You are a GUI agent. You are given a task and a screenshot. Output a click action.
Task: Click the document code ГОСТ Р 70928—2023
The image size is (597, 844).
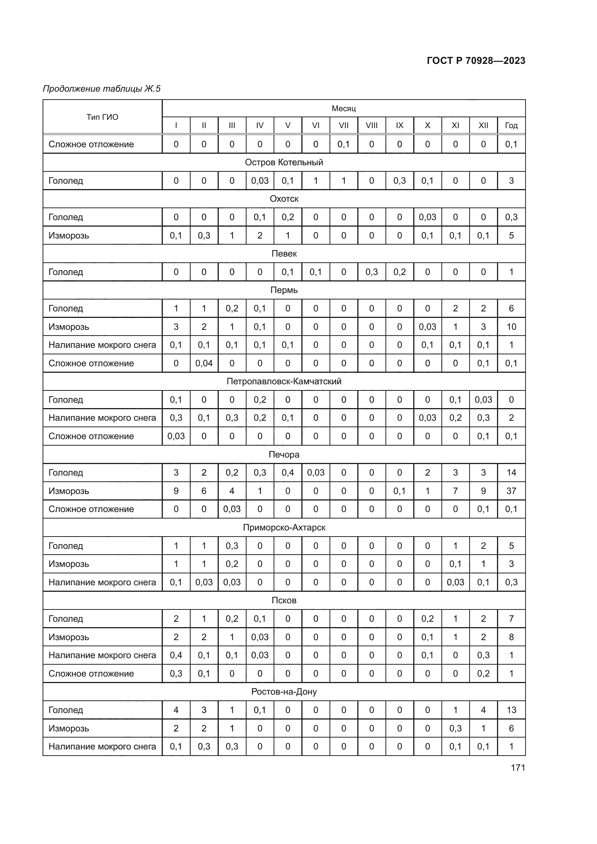[476, 61]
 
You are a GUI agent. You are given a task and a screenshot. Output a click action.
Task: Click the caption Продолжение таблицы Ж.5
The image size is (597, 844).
[102, 89]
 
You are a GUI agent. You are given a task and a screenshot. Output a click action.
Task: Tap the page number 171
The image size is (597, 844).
[518, 768]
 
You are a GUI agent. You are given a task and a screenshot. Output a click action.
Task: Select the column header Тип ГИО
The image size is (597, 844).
[102, 117]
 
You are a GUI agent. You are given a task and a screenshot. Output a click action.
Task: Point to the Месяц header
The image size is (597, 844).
[343, 109]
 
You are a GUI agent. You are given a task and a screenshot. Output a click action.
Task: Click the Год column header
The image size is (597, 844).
[511, 125]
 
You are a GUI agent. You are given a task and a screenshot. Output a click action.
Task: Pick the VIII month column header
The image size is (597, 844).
[371, 125]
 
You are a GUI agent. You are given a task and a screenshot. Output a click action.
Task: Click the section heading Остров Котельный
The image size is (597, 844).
[284, 162]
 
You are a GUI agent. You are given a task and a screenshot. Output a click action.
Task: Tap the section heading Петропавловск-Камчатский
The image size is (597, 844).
[284, 381]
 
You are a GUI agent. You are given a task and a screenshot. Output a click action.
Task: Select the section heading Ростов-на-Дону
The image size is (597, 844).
[284, 691]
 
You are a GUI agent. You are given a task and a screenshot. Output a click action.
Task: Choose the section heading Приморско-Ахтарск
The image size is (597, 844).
[284, 528]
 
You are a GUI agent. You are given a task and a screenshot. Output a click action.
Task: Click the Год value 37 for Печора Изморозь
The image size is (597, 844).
[511, 491]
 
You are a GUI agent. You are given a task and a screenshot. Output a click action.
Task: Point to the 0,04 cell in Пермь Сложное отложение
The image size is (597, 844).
[204, 363]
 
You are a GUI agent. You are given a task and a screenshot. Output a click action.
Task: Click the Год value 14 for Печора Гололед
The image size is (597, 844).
[511, 472]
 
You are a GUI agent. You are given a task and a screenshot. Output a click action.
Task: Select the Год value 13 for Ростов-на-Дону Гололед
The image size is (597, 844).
[511, 710]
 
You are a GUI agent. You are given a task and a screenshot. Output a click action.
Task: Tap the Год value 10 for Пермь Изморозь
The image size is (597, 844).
[511, 327]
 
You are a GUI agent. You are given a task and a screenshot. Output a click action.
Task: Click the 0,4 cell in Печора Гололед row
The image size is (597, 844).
[287, 472]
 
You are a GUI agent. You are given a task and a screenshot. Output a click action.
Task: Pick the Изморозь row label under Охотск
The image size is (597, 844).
[69, 235]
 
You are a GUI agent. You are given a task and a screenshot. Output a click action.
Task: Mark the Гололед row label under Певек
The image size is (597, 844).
[66, 272]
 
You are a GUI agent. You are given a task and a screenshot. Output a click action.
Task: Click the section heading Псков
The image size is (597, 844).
[284, 600]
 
